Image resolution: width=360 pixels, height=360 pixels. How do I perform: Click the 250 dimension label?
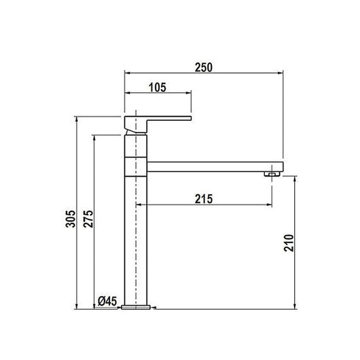point(204,67)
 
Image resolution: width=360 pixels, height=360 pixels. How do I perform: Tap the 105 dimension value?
point(158,88)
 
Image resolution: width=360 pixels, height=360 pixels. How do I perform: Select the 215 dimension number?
point(204,199)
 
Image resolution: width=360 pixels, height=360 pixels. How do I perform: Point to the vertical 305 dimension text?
point(70,219)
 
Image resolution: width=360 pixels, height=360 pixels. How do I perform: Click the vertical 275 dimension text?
point(88,219)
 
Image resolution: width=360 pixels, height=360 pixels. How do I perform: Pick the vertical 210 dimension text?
point(289,243)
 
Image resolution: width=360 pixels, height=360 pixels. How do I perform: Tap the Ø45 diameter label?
point(107,301)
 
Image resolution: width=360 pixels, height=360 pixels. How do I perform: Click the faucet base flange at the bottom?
point(136,307)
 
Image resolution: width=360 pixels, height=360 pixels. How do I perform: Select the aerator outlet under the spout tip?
point(272,174)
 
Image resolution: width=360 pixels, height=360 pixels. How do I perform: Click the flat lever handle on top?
point(158,122)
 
